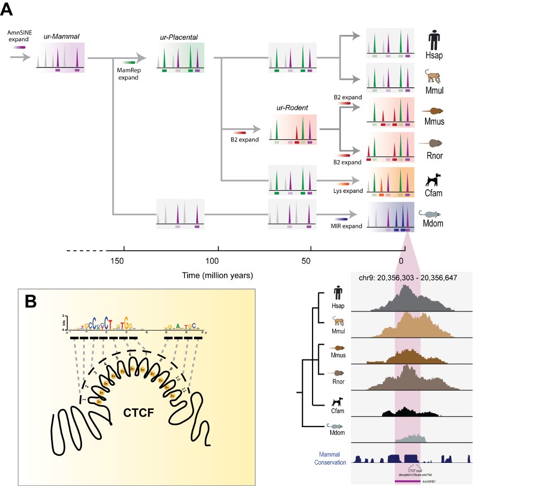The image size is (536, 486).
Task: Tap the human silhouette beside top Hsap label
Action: tap(435, 40)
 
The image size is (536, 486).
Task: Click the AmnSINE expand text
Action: tap(19, 36)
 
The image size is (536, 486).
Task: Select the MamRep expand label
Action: tap(128, 74)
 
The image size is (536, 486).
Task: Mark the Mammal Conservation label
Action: tap(329, 458)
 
